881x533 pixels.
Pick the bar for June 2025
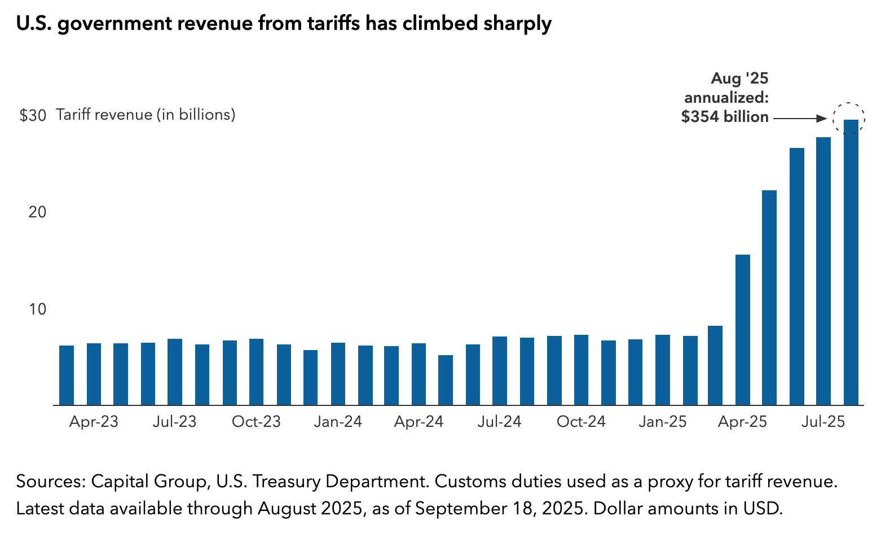796,277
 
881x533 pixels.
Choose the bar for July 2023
175,372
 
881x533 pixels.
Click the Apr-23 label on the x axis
94,422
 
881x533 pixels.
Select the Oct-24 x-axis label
581,422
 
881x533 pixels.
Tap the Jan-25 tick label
663,422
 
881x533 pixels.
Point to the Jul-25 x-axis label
823,422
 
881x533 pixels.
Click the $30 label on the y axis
33,116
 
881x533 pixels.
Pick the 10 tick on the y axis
36,309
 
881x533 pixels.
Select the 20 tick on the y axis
36,212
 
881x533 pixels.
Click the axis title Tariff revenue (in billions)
146,115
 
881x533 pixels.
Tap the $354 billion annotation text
725,117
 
